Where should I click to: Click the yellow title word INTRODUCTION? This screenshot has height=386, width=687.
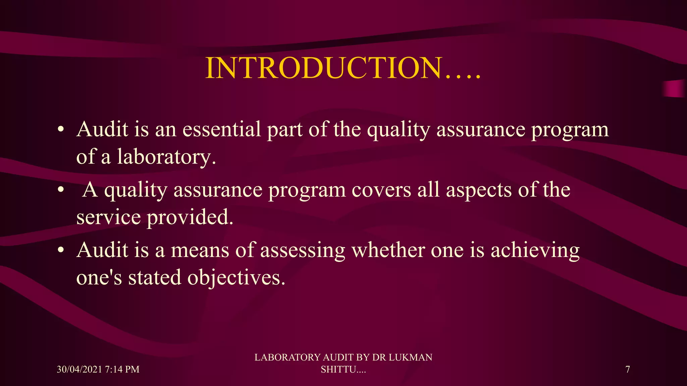[324, 68]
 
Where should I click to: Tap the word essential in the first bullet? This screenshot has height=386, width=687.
[222, 129]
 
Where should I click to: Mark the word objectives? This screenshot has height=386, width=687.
[236, 278]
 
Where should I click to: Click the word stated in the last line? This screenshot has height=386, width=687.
[155, 278]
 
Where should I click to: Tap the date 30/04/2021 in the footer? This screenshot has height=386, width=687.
[79, 369]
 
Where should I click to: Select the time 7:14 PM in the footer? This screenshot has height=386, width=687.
[122, 369]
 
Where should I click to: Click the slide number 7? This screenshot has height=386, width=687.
[628, 369]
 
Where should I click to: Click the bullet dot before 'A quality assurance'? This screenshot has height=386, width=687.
[60, 190]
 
